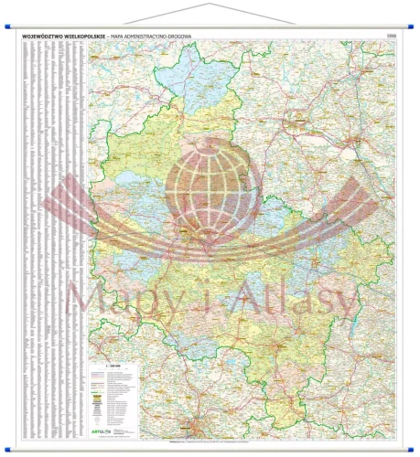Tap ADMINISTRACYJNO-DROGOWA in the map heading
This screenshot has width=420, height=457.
click(169, 36)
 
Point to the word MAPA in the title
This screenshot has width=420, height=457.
click(128, 36)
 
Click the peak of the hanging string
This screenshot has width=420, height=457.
click(210, 4)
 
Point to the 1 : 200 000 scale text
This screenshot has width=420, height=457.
click(120, 367)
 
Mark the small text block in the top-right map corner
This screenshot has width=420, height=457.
click(392, 37)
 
